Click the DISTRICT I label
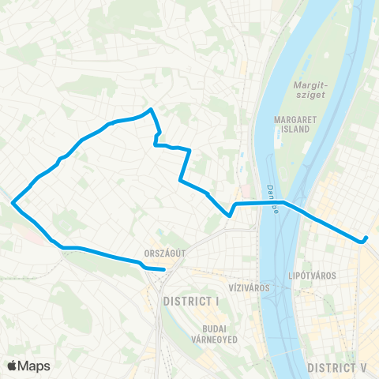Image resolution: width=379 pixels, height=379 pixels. [189, 302]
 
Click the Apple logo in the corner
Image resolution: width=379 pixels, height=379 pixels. [13, 366]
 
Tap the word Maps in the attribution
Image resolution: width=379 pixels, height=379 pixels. [36, 366]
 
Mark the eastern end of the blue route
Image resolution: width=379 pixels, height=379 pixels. [366, 239]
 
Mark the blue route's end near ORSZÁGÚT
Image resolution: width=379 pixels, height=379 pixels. [164, 269]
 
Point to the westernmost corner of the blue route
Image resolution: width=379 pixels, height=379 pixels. [13, 203]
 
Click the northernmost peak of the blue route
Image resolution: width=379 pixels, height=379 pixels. [151, 110]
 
